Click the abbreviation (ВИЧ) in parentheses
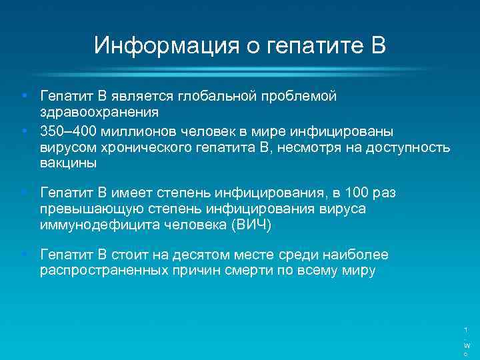[x=251, y=225]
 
